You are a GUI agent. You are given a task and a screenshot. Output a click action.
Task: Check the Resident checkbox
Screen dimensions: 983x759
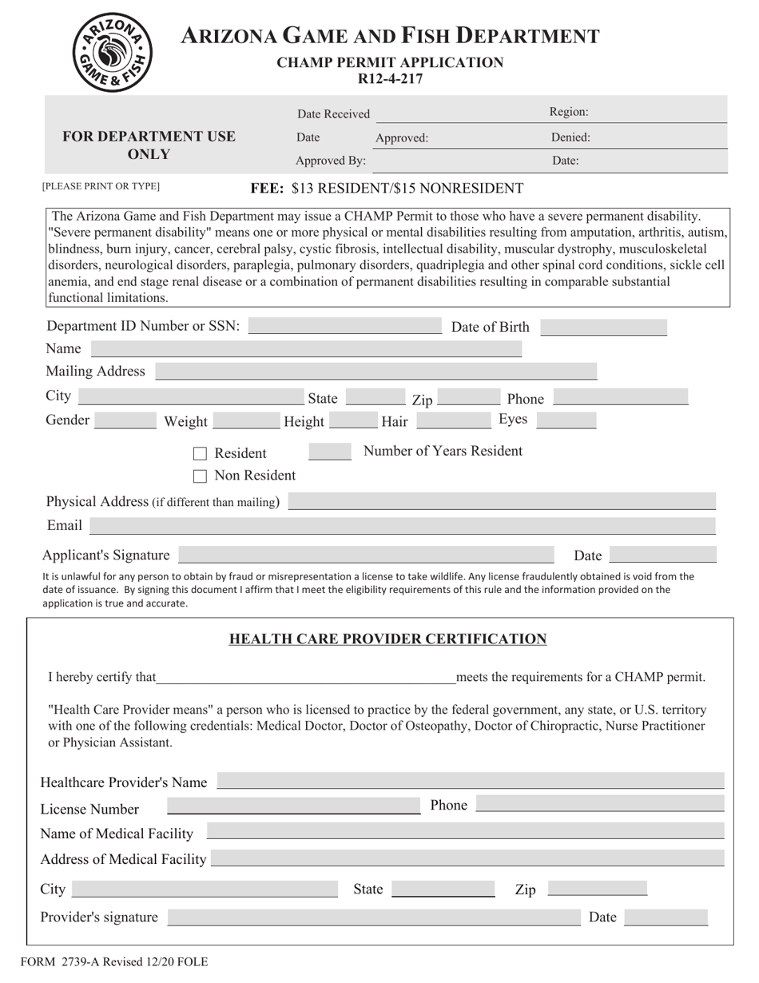point(201,454)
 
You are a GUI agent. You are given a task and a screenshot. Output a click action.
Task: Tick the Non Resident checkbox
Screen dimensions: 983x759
point(201,476)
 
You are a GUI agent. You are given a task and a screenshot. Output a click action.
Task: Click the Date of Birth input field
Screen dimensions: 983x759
point(603,327)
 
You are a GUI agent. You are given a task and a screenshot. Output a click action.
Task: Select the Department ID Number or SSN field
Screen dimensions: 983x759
point(344,326)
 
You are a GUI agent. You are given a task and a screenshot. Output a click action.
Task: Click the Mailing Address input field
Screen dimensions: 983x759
point(376,371)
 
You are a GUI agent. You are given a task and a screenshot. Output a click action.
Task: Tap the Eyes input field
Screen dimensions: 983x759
point(566,420)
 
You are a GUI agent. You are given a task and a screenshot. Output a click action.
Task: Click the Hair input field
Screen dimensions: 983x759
point(454,420)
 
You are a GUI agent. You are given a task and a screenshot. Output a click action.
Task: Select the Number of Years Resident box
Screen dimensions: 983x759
point(329,452)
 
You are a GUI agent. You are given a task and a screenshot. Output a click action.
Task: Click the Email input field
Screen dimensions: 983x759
point(402,525)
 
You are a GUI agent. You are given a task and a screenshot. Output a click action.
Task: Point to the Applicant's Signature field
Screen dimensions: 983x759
point(365,555)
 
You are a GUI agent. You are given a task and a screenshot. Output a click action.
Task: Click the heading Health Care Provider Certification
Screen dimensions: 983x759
point(387,639)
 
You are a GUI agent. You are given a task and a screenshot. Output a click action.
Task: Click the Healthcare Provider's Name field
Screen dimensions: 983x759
point(470,781)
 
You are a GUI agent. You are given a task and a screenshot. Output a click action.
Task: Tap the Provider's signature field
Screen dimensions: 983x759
point(373,917)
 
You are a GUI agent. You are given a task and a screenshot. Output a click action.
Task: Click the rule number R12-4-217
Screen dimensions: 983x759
point(390,78)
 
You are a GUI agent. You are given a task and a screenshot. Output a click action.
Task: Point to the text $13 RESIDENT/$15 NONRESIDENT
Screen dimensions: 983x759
point(407,189)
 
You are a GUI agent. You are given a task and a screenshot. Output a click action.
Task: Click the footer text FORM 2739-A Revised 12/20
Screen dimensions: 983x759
point(113,961)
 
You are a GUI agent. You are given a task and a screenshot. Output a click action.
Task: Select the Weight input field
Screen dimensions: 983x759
point(246,420)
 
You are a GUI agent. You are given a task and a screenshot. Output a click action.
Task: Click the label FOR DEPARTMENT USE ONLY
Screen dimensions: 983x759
point(149,145)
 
